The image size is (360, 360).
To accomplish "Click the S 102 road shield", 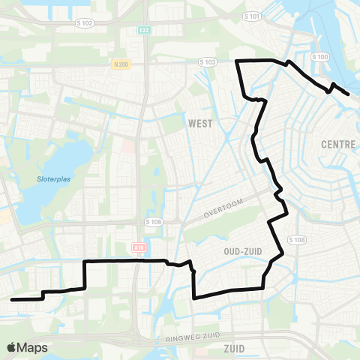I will pos(85,23).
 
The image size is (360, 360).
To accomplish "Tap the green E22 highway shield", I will pos(145,31).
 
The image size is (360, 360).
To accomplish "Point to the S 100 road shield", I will pos(319,56).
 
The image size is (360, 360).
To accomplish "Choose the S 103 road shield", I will pos(209,61).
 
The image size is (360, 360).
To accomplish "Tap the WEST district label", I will pos(200,124).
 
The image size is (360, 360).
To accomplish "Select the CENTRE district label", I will pos(337,144).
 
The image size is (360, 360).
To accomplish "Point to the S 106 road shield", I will pos(153,222).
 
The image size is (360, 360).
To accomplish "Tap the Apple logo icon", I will pos(12,347).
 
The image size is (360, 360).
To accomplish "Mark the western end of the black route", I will pos(12,299).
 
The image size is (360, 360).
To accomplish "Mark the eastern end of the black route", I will pos(349,94).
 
